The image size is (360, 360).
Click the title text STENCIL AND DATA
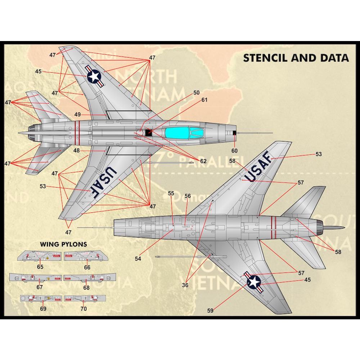coord(296,58)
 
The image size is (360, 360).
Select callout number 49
coord(77,114)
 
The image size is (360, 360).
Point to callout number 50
coord(196,93)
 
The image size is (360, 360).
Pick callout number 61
coord(204,100)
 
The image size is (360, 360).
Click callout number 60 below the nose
coord(235,150)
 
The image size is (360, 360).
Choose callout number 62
coord(203,161)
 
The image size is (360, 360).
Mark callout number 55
coord(171,193)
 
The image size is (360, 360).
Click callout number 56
coord(188,196)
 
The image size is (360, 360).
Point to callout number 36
coord(185,285)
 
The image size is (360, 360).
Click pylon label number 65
coord(40,267)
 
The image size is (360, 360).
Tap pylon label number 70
coord(84,309)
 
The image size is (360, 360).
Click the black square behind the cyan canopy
coord(149,133)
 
